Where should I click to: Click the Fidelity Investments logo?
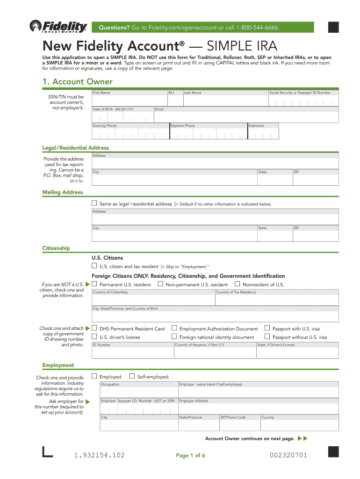tap(58, 27)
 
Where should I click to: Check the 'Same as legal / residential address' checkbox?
tap(94, 203)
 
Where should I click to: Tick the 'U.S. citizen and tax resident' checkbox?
tap(94, 266)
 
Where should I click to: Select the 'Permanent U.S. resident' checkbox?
tap(94, 284)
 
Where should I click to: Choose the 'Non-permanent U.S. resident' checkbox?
tap(160, 284)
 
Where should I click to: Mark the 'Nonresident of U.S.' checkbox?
tap(237, 284)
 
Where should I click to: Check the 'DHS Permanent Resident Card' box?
tap(94, 328)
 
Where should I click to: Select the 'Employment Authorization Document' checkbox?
tap(174, 328)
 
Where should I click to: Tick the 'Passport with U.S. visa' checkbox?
tap(267, 328)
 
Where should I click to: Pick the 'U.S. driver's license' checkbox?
tap(94, 337)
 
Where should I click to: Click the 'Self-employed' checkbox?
tap(132, 376)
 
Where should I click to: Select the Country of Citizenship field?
tap(153, 300)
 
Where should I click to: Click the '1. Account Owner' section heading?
tap(77, 82)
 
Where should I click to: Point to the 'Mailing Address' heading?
tap(63, 192)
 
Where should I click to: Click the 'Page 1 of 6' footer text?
tap(190, 455)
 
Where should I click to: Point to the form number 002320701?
tap(288, 455)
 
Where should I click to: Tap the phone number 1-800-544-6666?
tap(258, 28)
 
